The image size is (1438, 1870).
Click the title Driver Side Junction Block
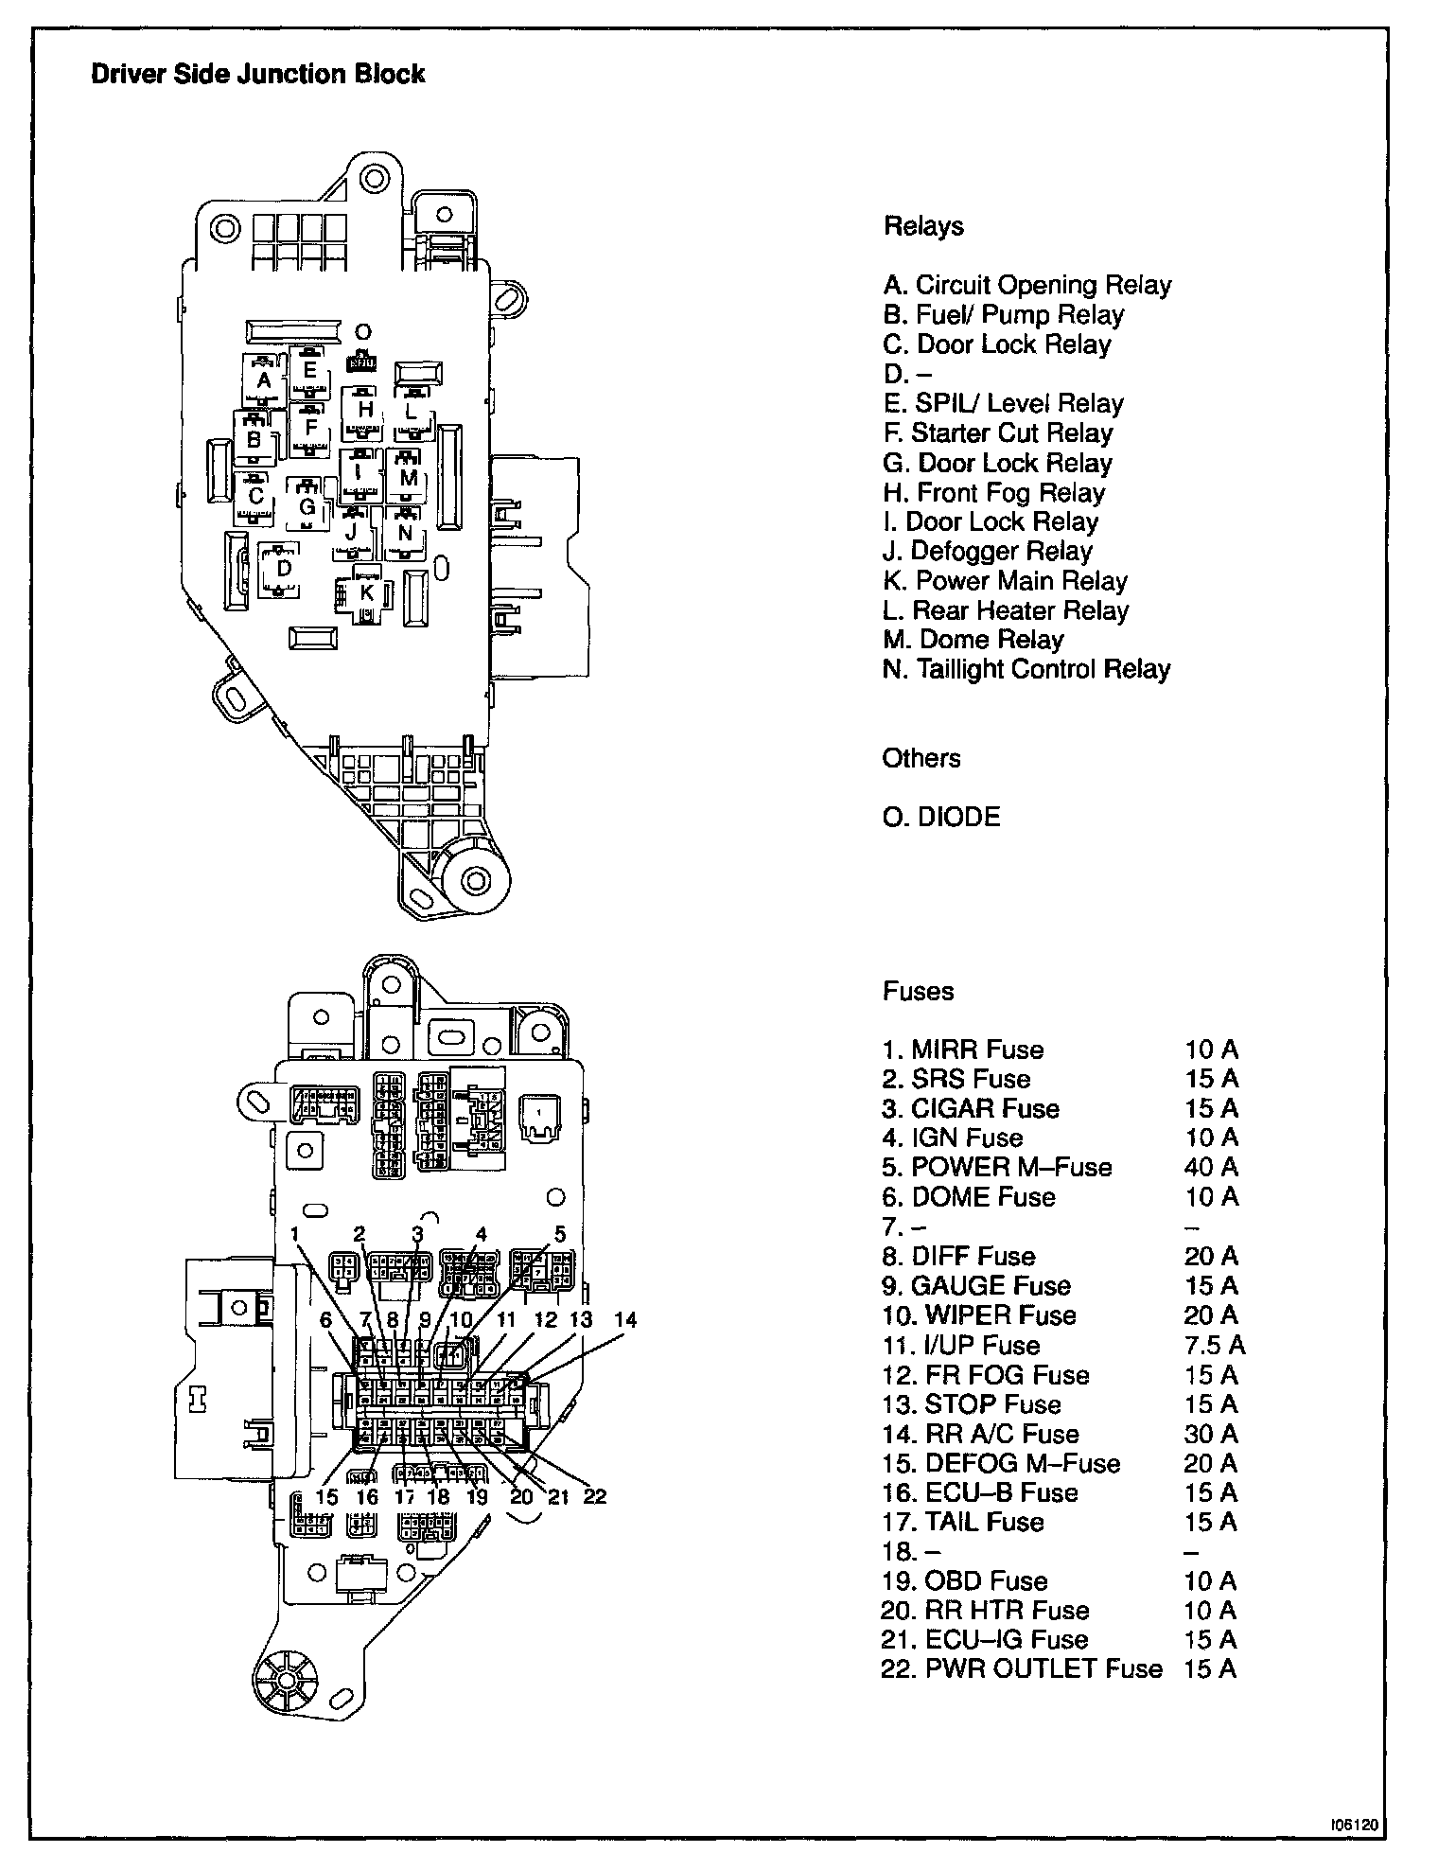coord(257,75)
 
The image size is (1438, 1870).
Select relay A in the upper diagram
coord(264,380)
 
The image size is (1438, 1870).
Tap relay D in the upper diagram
coord(283,568)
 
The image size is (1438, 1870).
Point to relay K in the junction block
coord(366,593)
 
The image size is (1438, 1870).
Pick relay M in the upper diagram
coord(408,478)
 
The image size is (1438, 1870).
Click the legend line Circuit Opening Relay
coord(1027,286)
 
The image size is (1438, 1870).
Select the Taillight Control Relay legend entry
coord(1026,670)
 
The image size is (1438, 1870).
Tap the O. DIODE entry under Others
coord(941,817)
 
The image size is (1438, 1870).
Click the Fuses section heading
coord(918,991)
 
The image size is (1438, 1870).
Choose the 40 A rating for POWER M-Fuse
coord(1211,1167)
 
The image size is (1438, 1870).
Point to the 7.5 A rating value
coord(1215,1345)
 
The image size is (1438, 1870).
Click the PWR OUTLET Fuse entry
coord(1022,1668)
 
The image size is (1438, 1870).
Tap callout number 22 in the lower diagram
coord(594,1496)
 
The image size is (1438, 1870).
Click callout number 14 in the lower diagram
coord(625,1320)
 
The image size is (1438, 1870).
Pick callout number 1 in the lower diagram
coord(295,1234)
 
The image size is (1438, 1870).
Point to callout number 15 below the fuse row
coord(326,1497)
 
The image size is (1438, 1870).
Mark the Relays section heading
coord(923,226)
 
